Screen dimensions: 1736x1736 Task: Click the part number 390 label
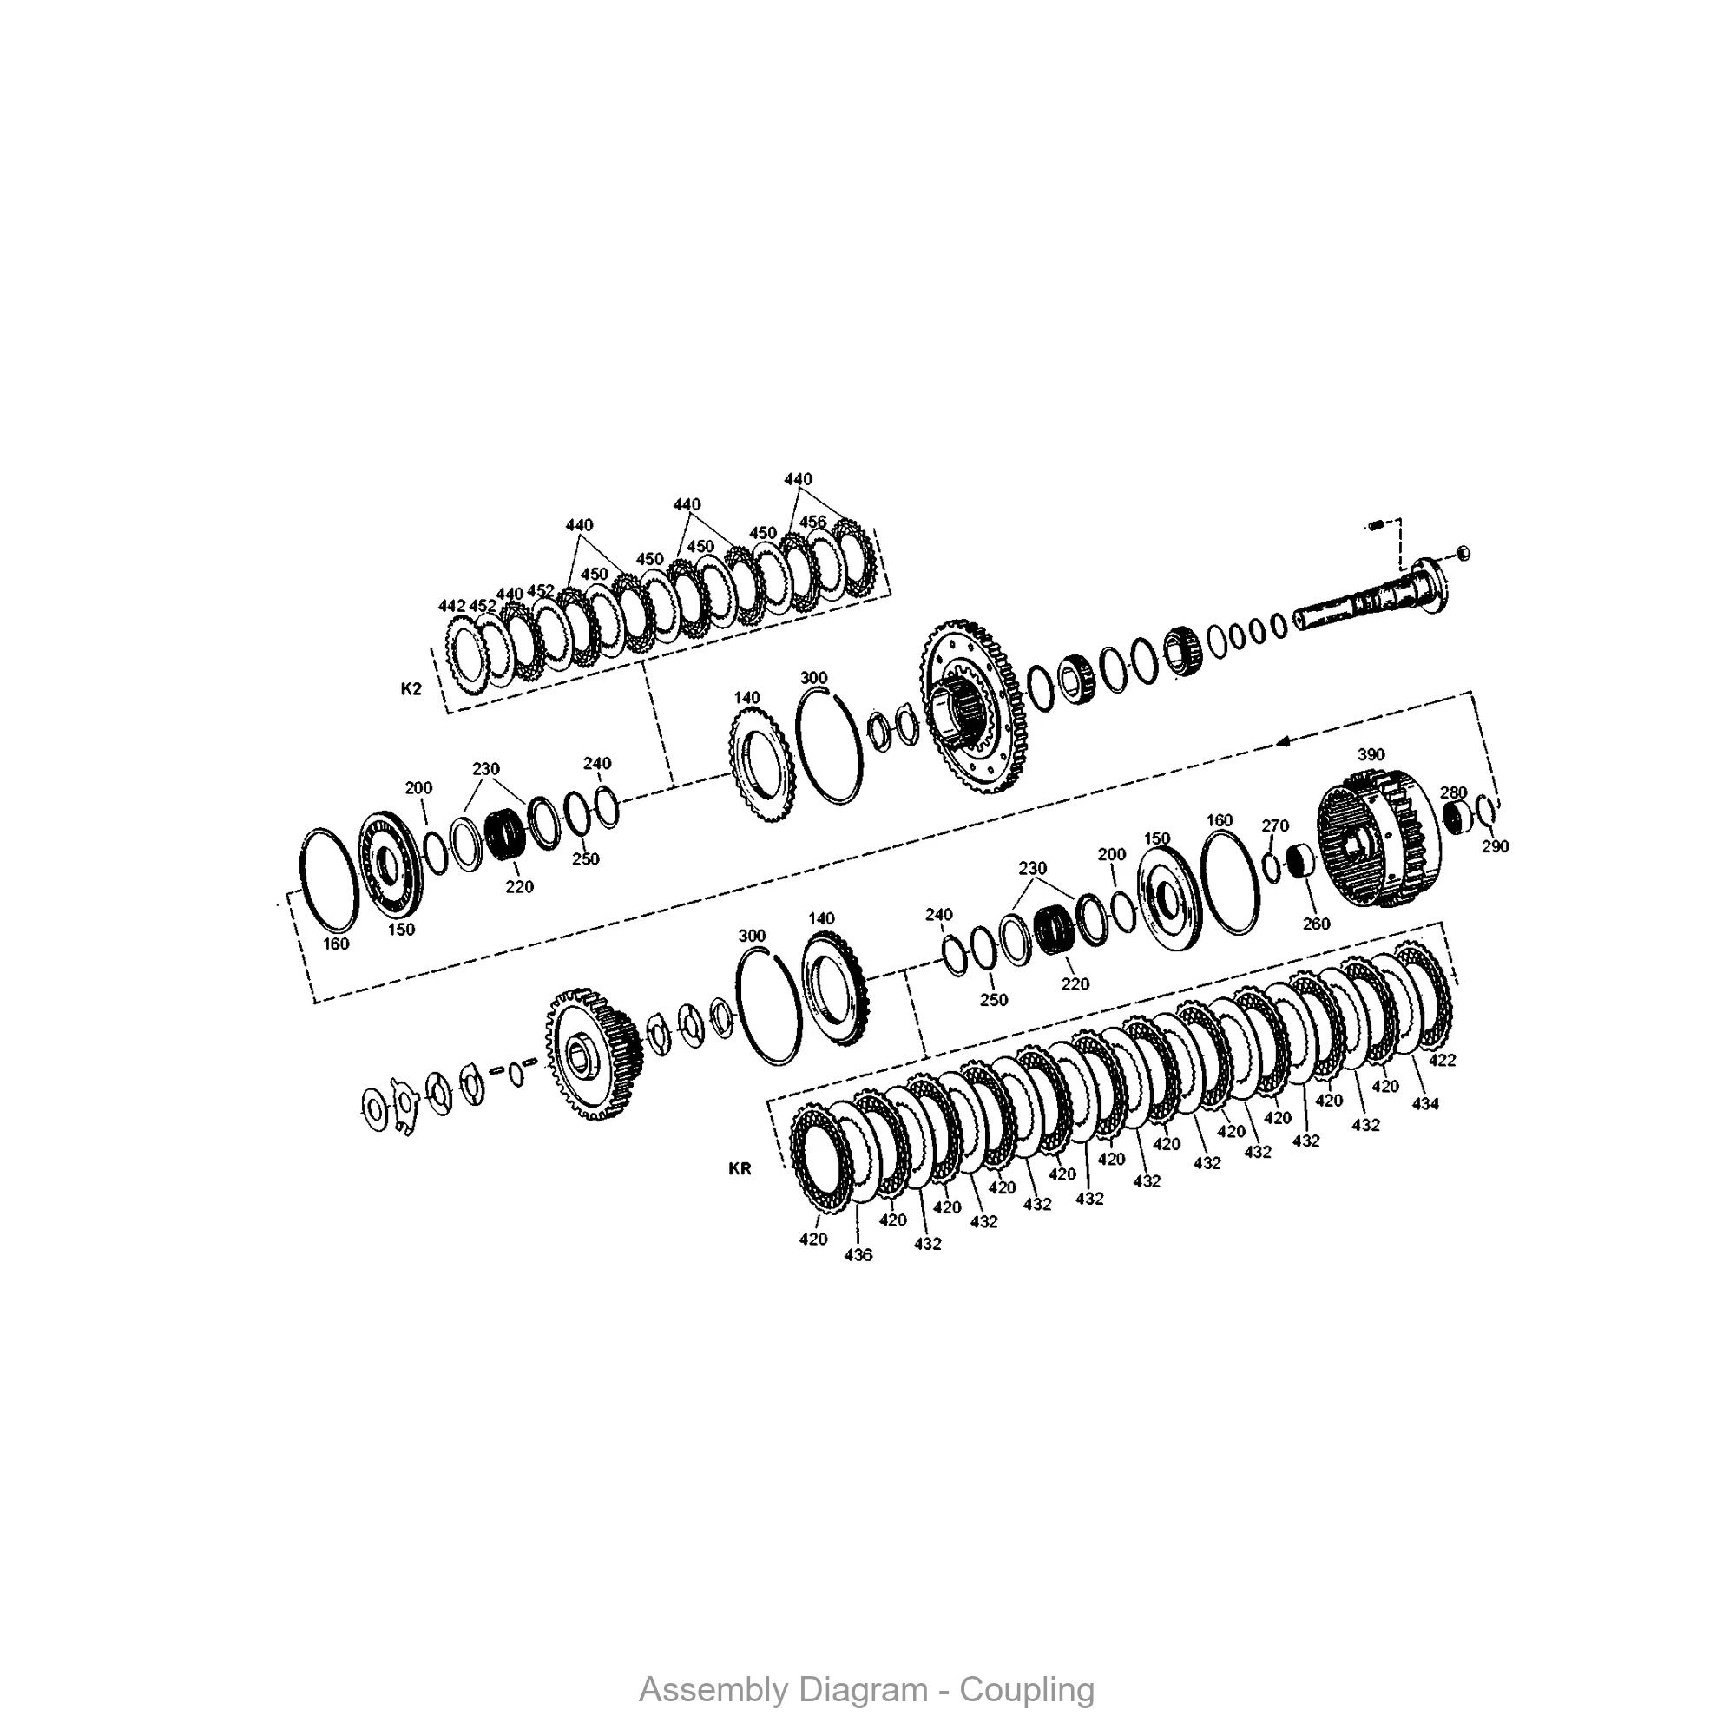pyautogui.click(x=1371, y=755)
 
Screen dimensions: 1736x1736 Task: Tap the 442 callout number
pyautogui.click(x=452, y=607)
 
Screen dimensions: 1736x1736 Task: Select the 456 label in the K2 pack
pyautogui.click(x=812, y=522)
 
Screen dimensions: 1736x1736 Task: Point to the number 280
pyautogui.click(x=1453, y=792)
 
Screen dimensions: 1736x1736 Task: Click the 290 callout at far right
pyautogui.click(x=1496, y=846)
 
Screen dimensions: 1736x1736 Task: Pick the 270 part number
pyautogui.click(x=1275, y=825)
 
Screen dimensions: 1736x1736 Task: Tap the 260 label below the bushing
pyautogui.click(x=1316, y=924)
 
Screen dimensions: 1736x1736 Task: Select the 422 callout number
pyautogui.click(x=1442, y=1061)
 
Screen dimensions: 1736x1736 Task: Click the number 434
pyautogui.click(x=1425, y=1104)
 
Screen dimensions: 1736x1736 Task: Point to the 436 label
pyautogui.click(x=858, y=1255)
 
